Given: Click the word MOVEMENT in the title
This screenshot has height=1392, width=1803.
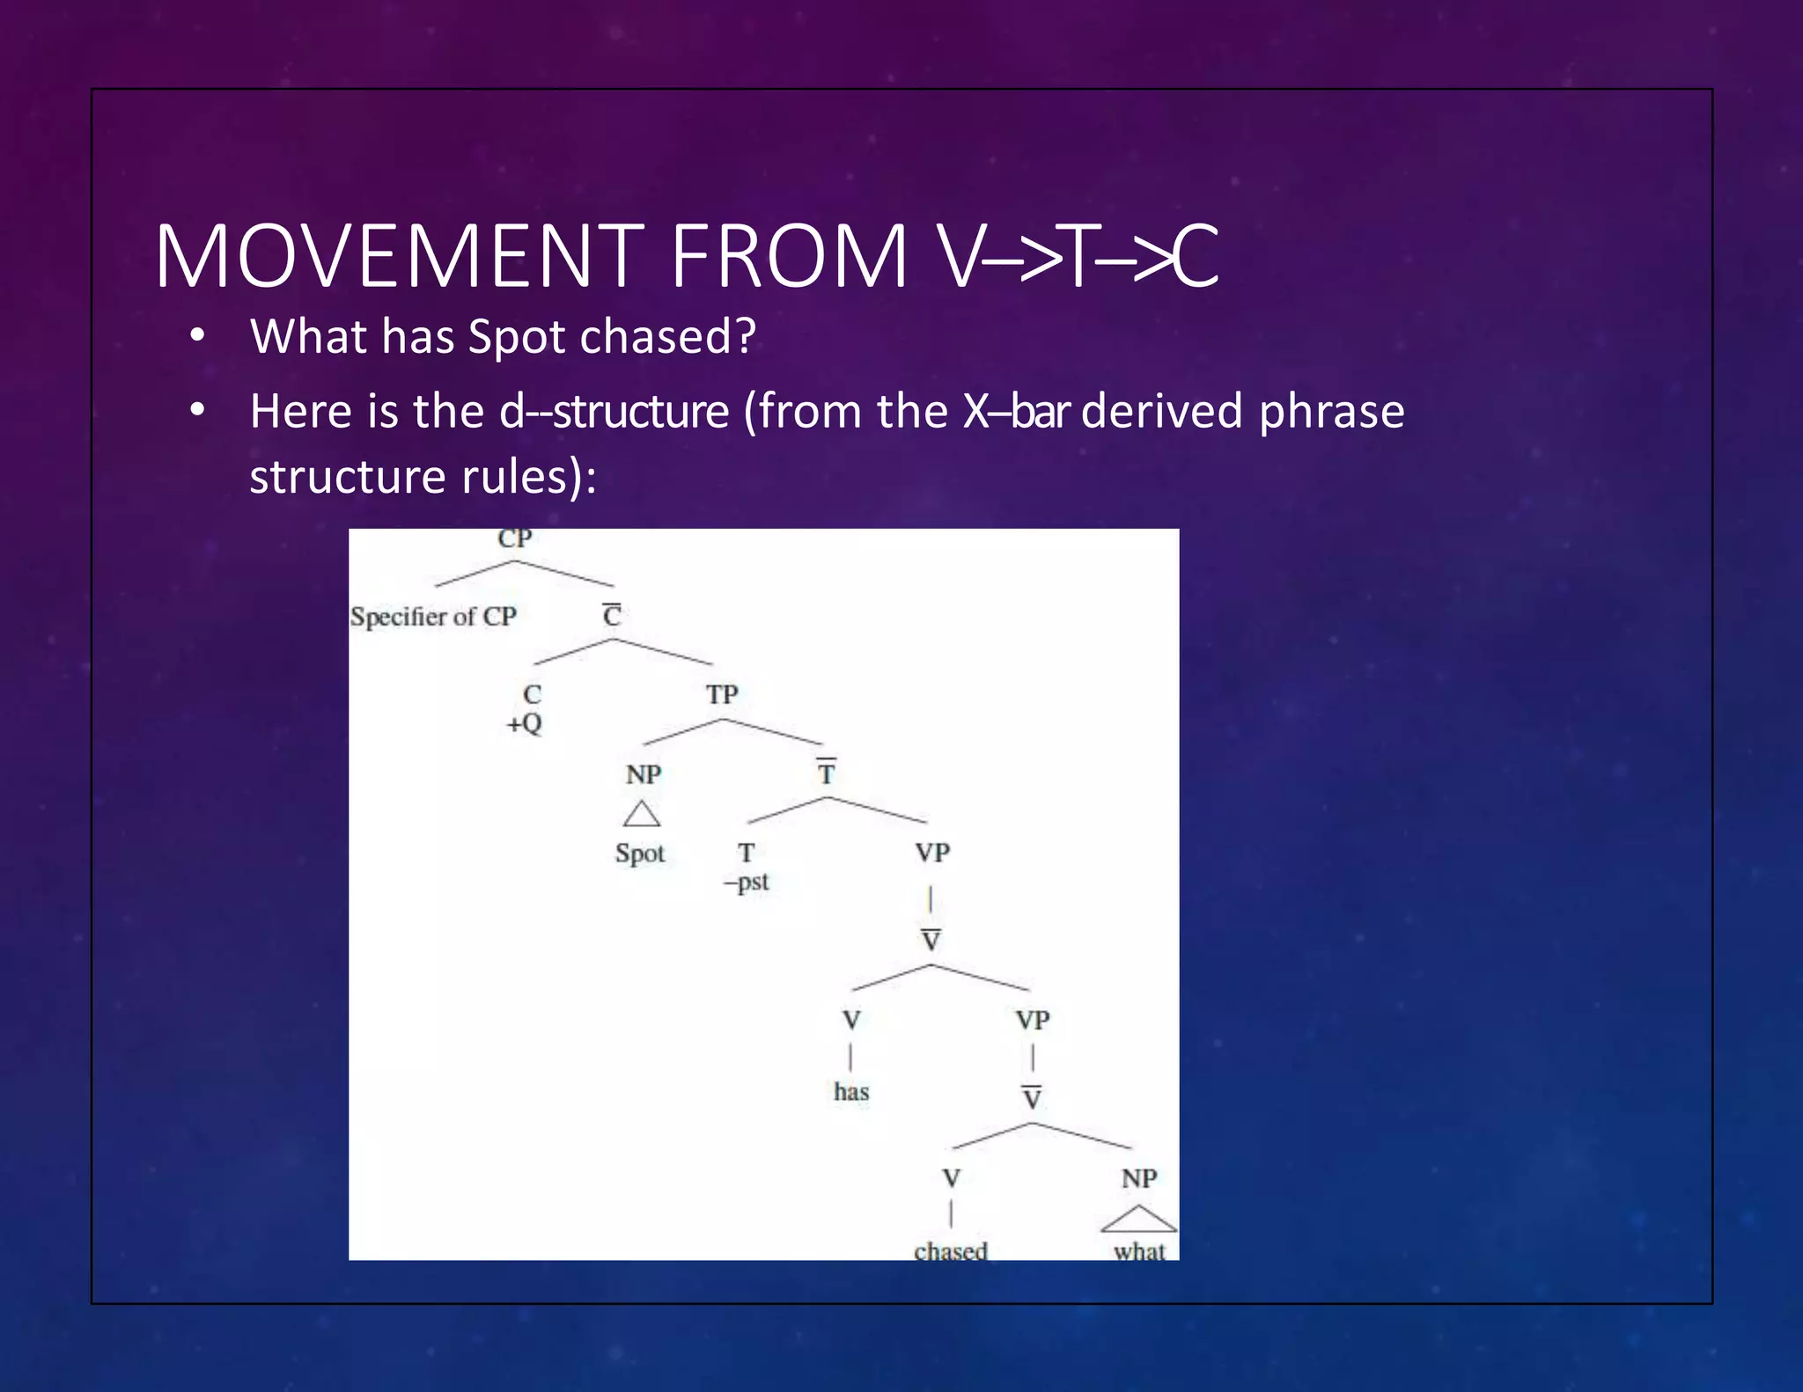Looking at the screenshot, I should click(x=401, y=257).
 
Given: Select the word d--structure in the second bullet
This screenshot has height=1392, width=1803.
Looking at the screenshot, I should click(x=614, y=412).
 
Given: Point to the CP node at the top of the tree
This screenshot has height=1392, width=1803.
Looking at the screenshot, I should click(x=515, y=538).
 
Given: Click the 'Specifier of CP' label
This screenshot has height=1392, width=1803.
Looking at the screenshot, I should click(x=433, y=617).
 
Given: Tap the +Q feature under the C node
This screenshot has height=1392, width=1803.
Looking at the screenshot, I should click(x=525, y=724).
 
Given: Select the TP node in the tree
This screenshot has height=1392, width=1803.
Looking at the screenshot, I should click(x=722, y=695).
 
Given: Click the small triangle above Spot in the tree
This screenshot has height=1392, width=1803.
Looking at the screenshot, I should click(x=642, y=815).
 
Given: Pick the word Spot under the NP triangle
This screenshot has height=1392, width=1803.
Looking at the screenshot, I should click(x=640, y=854).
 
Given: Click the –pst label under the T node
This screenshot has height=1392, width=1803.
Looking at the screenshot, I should click(x=747, y=883).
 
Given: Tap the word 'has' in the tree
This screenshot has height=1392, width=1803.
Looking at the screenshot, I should click(x=851, y=1092).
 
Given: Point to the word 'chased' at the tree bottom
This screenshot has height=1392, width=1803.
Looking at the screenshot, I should click(x=951, y=1250).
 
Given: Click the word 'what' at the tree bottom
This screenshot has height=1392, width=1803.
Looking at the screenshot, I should click(x=1139, y=1250).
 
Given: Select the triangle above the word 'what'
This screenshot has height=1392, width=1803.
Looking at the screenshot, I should click(x=1138, y=1220).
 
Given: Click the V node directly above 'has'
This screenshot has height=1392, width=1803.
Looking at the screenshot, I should click(x=851, y=1021).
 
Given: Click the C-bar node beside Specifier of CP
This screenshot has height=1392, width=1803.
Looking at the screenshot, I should click(x=612, y=615).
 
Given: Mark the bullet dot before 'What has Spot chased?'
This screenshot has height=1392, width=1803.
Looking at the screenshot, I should click(x=197, y=335).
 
